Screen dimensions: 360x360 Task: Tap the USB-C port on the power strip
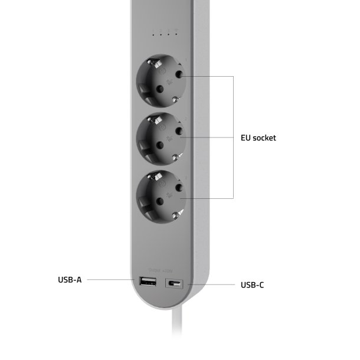[x=175, y=284]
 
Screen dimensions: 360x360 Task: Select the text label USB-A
[x=70, y=280]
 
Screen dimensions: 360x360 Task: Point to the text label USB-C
[x=252, y=285]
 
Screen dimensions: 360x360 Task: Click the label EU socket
[x=258, y=138]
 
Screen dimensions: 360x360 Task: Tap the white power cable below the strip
[x=179, y=330]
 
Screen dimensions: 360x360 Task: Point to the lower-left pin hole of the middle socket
[x=158, y=145]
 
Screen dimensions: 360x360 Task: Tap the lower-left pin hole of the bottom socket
[x=158, y=202]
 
